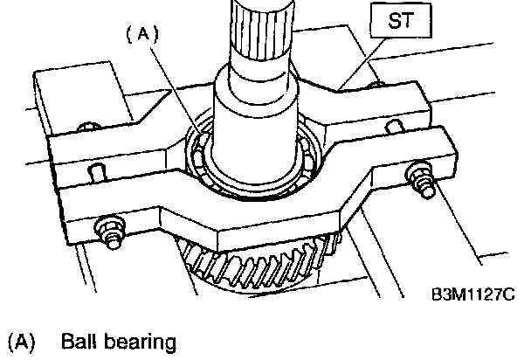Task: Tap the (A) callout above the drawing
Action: click(142, 36)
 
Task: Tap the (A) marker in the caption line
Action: click(20, 341)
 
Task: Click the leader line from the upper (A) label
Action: click(179, 96)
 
